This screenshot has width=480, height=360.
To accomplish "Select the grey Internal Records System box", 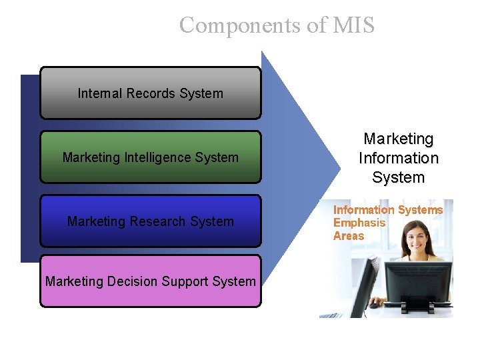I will (x=151, y=93).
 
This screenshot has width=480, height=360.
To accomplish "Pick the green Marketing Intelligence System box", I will (x=151, y=157).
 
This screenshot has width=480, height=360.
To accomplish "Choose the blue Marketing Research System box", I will (x=151, y=221).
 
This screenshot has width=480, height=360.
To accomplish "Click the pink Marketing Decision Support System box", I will (x=151, y=281).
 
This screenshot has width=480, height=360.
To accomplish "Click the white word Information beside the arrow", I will (x=399, y=159).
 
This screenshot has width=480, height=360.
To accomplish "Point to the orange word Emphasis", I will (x=359, y=223).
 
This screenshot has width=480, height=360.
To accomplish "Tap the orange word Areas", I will (x=349, y=235).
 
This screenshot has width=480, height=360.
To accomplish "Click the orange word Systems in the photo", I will (x=420, y=210).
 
